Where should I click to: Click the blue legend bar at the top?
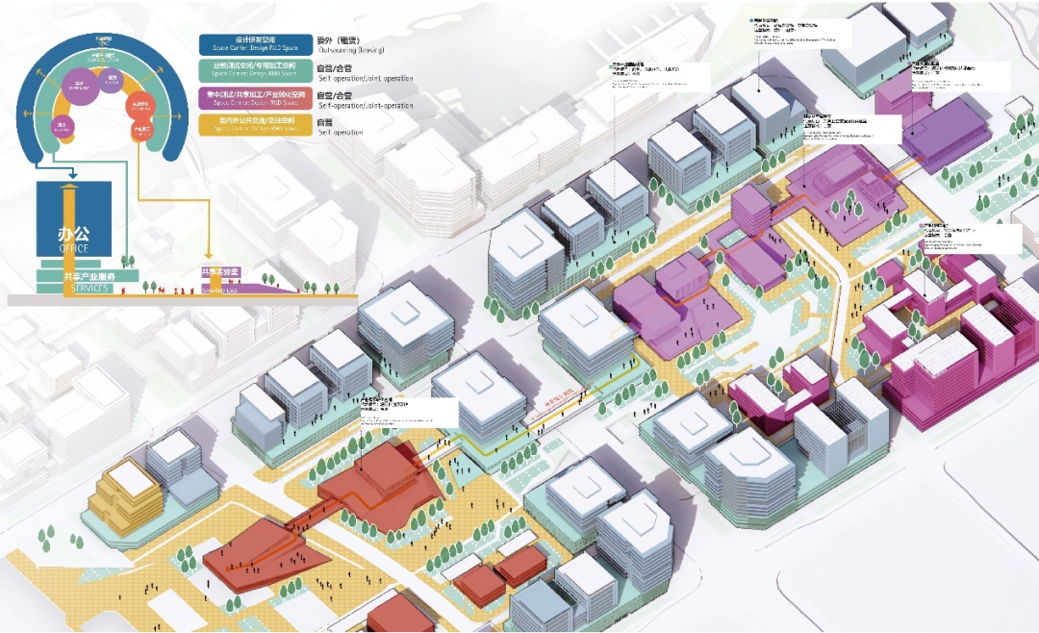point(255,45)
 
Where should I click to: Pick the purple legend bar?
point(255,98)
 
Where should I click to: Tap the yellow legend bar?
point(255,124)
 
